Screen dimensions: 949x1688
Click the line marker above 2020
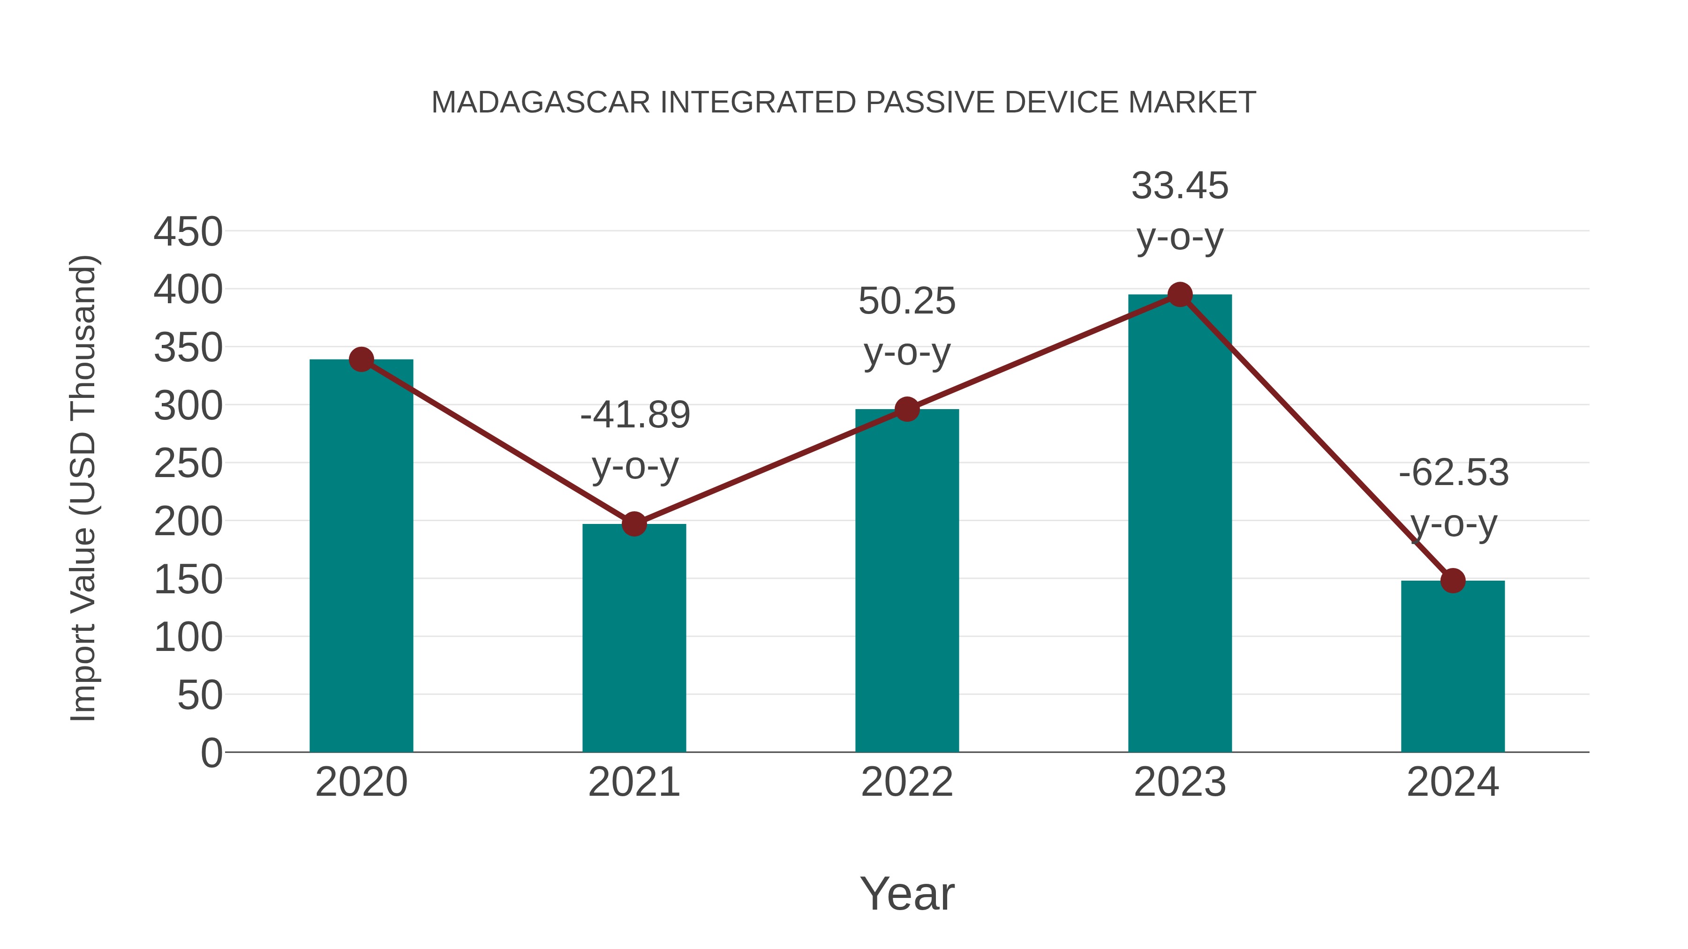click(361, 359)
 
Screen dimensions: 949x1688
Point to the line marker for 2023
click(1180, 295)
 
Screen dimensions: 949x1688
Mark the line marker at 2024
click(1453, 580)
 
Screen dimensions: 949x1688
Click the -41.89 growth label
click(635, 415)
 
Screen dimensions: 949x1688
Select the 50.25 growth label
click(907, 301)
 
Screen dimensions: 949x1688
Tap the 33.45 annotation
click(1180, 186)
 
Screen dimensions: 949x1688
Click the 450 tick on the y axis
click(188, 232)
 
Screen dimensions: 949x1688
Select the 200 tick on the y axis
click(188, 522)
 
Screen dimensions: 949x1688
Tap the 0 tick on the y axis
click(211, 753)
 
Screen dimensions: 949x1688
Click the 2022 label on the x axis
click(907, 782)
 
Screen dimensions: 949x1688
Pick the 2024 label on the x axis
click(1453, 782)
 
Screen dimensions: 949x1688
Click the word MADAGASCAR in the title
click(541, 103)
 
